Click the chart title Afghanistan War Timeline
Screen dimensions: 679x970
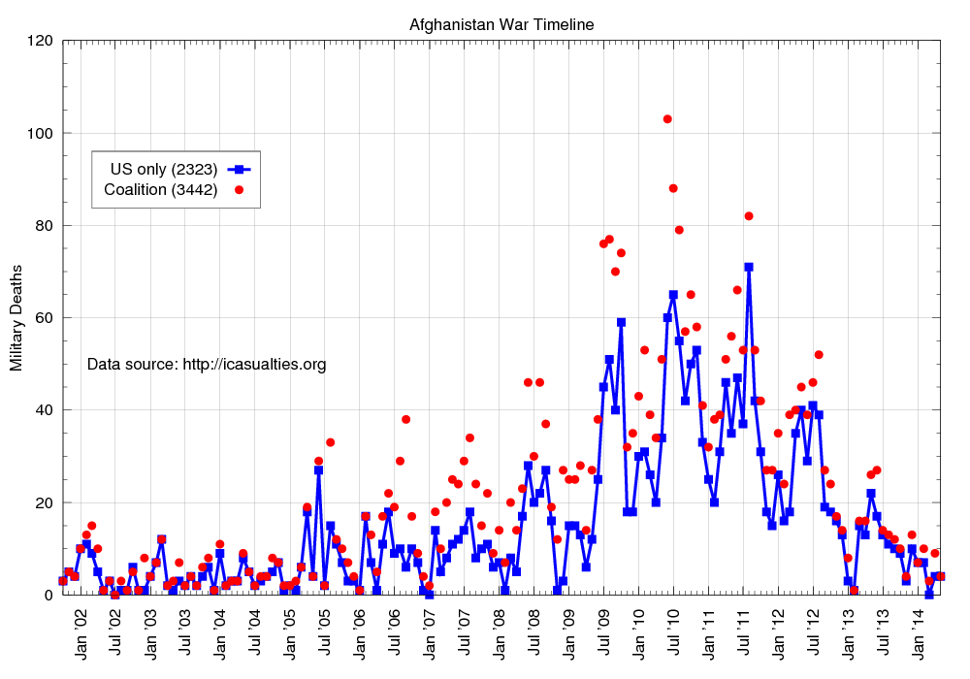click(x=501, y=23)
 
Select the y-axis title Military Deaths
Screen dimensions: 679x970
click(x=16, y=318)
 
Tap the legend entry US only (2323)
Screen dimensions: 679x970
click(x=160, y=168)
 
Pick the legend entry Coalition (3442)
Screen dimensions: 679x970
click(x=160, y=189)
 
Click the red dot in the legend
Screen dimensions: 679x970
click(x=239, y=189)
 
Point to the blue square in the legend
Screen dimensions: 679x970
click(x=239, y=168)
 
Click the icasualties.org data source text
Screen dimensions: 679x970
click(x=207, y=365)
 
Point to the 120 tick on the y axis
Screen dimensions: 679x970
click(x=40, y=41)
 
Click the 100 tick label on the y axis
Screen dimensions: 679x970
click(x=40, y=133)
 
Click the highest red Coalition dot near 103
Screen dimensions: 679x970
click(x=667, y=119)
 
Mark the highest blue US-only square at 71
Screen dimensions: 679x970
click(x=749, y=267)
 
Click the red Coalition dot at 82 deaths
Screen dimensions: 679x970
click(x=749, y=216)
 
